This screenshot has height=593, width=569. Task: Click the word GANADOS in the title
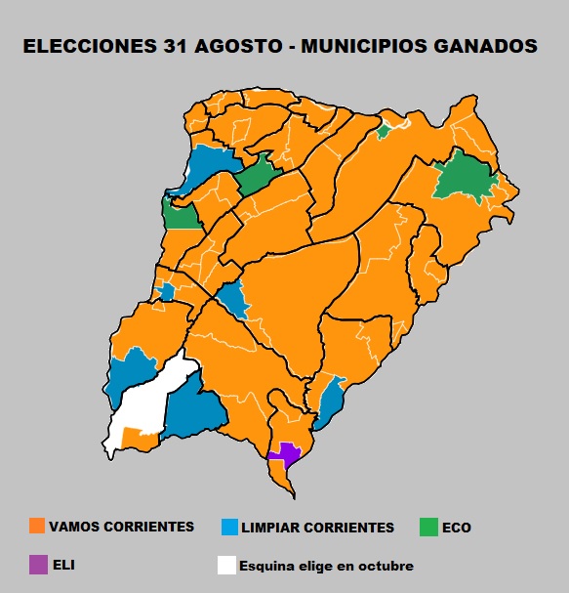[x=488, y=46]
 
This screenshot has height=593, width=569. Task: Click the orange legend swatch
[x=37, y=527]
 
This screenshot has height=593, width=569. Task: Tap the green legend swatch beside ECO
[x=427, y=527]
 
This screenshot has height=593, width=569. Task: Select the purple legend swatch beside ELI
[x=37, y=565]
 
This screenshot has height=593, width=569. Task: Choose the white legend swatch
[x=227, y=565]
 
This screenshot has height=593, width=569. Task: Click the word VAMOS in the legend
[x=74, y=527]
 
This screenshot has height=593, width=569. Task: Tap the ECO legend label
[x=456, y=528]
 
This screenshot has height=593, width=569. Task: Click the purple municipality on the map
[x=287, y=452]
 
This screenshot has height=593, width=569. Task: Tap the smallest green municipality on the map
[x=385, y=130]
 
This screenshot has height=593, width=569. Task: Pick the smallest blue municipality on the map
[x=168, y=291]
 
